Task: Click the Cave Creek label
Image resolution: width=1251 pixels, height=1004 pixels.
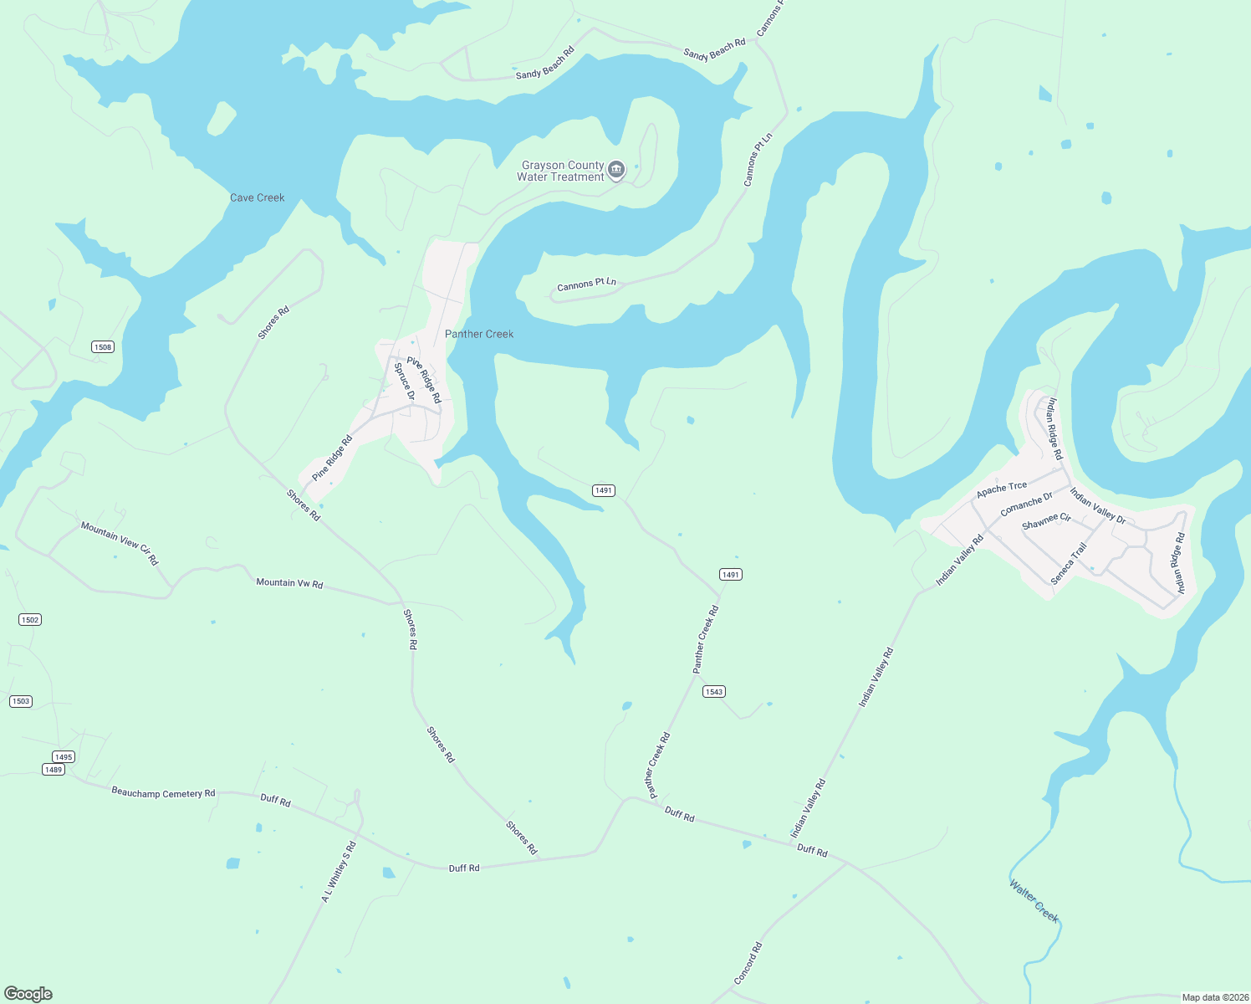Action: click(258, 198)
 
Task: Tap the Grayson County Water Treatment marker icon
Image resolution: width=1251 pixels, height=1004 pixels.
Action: click(616, 171)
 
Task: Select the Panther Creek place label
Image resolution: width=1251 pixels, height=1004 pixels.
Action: click(479, 334)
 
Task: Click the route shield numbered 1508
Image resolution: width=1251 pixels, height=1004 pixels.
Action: click(102, 347)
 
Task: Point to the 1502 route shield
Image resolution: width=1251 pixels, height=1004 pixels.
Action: click(30, 620)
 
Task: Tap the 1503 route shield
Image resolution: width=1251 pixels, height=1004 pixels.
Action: click(21, 701)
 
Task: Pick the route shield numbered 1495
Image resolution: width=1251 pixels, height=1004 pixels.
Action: click(64, 757)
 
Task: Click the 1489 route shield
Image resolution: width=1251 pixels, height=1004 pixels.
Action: click(54, 770)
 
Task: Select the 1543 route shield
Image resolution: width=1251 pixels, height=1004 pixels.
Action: click(713, 692)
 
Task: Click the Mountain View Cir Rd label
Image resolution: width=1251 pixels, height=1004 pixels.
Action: click(120, 543)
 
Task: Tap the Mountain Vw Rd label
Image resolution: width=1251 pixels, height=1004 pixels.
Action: click(289, 583)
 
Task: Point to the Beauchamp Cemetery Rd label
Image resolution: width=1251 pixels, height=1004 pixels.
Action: click(163, 793)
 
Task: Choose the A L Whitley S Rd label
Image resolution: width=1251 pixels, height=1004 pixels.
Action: click(339, 871)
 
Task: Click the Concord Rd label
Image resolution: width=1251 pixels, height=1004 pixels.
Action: click(748, 964)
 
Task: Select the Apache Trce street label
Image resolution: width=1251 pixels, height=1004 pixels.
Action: click(1002, 490)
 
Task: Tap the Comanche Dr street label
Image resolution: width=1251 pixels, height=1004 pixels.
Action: click(1026, 504)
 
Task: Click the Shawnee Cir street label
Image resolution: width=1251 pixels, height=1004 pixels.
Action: click(1046, 522)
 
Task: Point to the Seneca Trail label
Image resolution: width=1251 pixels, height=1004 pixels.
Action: click(1069, 563)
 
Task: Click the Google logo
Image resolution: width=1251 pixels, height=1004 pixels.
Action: click(28, 994)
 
